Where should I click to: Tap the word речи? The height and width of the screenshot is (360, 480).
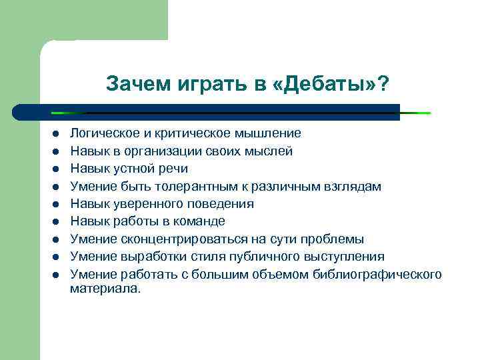click(x=173, y=169)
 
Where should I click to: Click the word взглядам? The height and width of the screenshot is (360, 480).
click(x=351, y=186)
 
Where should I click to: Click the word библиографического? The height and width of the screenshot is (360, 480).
click(x=377, y=274)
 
